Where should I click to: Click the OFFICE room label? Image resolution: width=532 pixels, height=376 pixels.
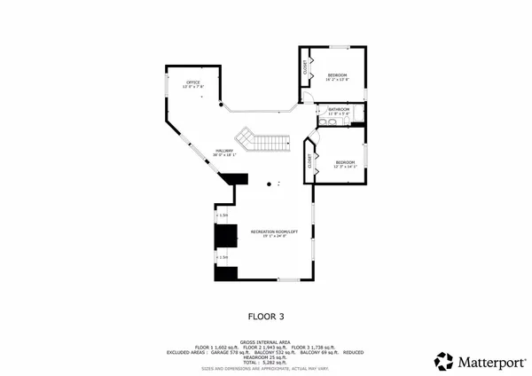click(x=192, y=82)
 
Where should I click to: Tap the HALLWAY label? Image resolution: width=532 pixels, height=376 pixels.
click(x=224, y=151)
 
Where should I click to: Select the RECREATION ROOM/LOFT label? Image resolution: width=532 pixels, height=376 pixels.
click(x=270, y=231)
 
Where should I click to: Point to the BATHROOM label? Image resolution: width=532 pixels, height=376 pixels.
click(x=340, y=110)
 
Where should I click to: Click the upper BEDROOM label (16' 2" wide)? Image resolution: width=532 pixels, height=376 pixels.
click(x=337, y=74)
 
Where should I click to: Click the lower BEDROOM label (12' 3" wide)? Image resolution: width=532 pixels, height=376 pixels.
click(x=344, y=162)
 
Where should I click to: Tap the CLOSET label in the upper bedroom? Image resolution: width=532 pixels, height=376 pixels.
click(x=306, y=67)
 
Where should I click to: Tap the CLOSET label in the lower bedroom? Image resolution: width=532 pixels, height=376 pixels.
click(x=310, y=161)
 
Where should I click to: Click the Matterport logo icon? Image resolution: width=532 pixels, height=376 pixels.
click(x=443, y=361)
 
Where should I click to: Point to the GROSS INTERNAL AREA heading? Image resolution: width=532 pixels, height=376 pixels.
click(x=266, y=341)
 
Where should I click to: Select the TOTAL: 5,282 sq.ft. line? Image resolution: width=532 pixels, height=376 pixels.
click(x=266, y=362)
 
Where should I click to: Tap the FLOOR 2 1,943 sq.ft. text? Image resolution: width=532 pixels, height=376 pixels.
click(x=266, y=346)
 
